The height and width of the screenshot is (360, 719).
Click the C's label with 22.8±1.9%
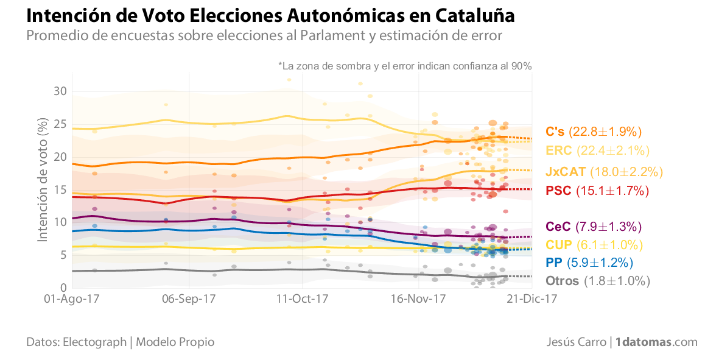click(x=594, y=132)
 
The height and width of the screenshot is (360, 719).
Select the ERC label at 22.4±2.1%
click(x=598, y=150)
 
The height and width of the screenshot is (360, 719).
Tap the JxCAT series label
click(x=604, y=172)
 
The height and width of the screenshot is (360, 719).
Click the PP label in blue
click(x=589, y=263)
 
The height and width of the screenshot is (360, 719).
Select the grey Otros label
click(x=598, y=281)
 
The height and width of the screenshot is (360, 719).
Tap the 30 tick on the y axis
click(x=59, y=91)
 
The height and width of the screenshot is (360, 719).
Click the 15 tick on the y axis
click(x=59, y=189)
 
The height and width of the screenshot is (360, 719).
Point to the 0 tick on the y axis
click(x=62, y=288)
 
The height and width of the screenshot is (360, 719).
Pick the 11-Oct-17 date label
click(x=303, y=299)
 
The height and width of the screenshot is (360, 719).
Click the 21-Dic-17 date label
click(x=531, y=299)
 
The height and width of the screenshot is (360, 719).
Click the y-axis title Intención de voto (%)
click(x=43, y=180)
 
